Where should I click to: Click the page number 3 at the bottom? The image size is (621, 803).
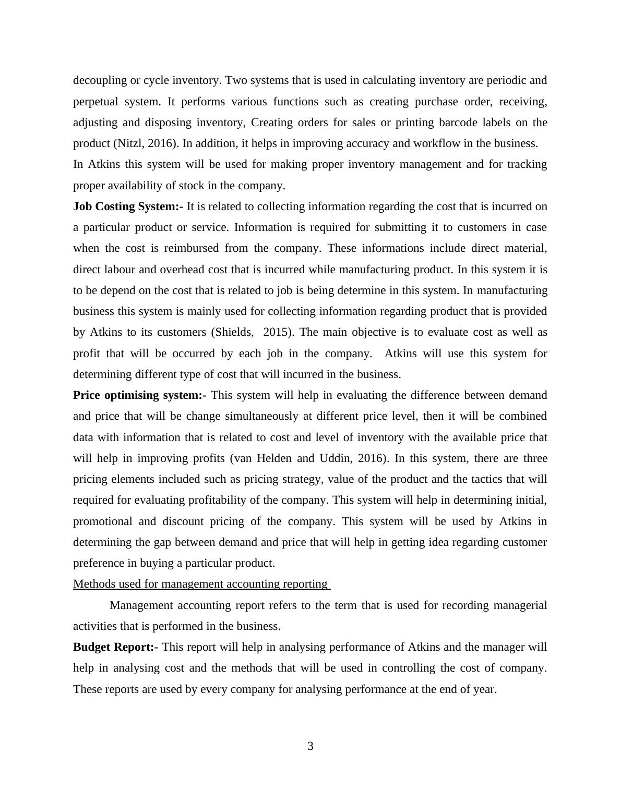[310, 746]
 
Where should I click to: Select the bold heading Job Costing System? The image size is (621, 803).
[128, 206]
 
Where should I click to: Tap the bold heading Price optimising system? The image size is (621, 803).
[139, 395]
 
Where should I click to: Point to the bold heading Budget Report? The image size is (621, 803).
[115, 647]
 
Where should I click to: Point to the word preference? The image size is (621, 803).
[97, 563]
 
